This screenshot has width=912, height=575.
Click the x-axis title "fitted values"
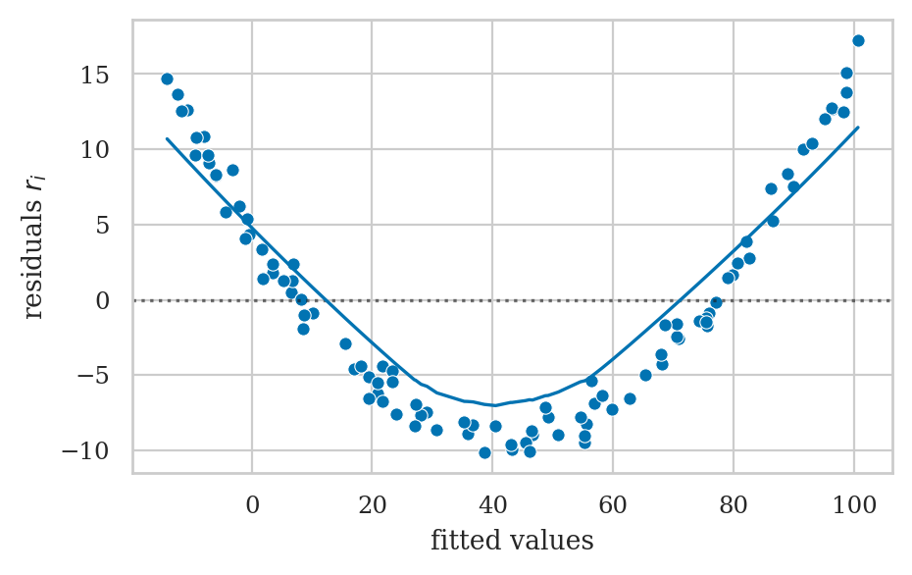point(512,540)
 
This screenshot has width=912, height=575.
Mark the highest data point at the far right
point(858,40)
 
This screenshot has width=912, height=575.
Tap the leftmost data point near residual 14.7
point(167,78)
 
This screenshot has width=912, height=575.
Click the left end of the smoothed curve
point(167,138)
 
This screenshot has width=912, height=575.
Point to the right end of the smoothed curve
point(858,127)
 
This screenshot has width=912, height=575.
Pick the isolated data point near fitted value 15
point(345,343)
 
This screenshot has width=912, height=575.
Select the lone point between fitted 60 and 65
point(630,398)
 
